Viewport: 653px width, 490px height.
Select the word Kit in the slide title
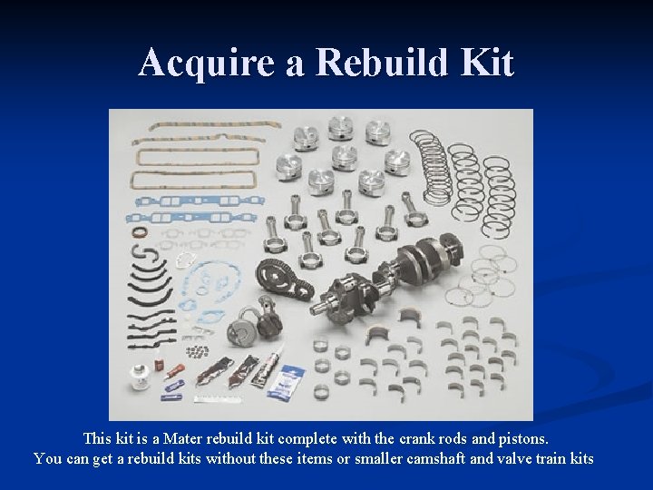[x=487, y=63]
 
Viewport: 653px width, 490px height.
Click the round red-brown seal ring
[x=140, y=231]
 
